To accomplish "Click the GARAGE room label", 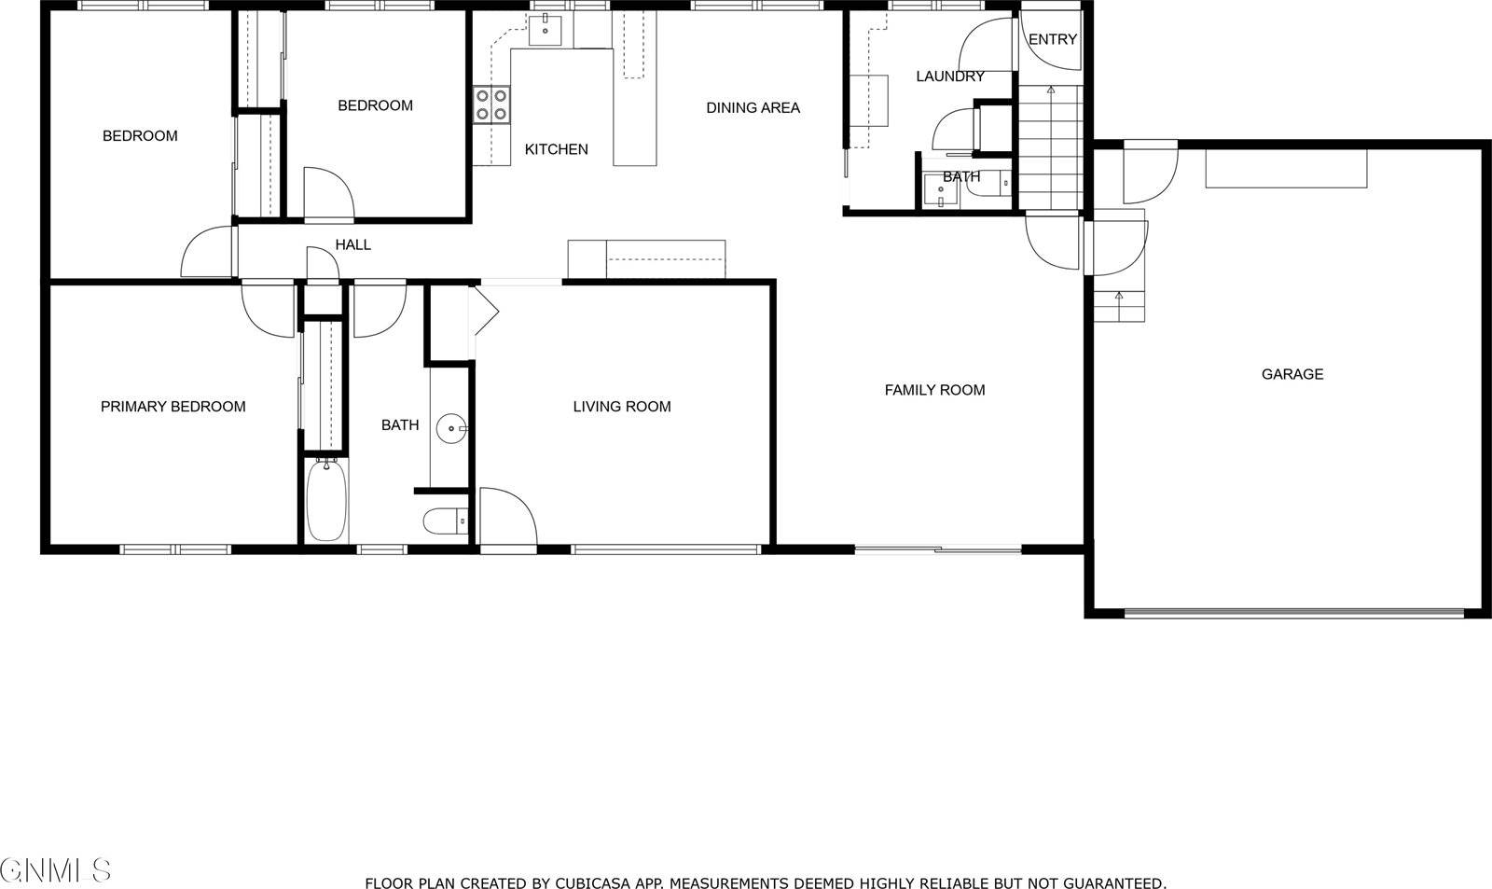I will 1292,374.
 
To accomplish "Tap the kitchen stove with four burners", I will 491,104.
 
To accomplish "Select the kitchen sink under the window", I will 545,31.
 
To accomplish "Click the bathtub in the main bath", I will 326,500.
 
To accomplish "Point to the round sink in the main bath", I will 452,429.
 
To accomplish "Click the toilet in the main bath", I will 445,521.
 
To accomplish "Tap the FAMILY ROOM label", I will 934,390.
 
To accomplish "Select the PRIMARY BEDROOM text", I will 173,407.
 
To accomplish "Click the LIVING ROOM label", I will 621,407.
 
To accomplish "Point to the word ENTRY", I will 1052,39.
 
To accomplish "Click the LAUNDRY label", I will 949,76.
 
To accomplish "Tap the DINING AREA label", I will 753,108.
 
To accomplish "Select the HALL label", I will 352,245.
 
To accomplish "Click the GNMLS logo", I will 56,870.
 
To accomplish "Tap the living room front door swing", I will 508,518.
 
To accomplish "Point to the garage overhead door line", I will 1293,613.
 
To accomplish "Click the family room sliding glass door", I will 938,549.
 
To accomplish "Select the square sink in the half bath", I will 940,190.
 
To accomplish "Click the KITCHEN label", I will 556,149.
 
